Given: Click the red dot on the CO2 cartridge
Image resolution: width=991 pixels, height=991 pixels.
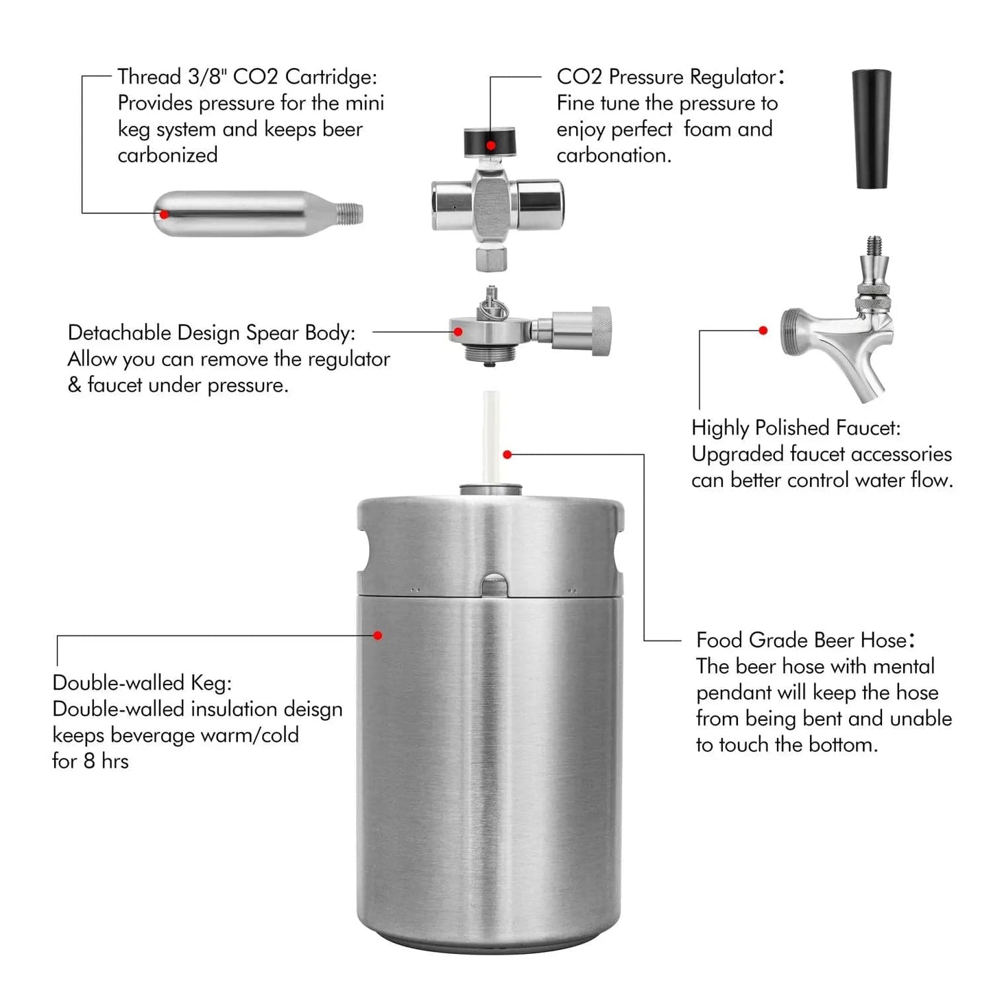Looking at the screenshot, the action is click(x=164, y=214).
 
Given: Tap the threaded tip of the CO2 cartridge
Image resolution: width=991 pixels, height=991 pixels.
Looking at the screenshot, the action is click(x=350, y=214).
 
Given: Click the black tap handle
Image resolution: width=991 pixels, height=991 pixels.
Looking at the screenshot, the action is click(x=871, y=129).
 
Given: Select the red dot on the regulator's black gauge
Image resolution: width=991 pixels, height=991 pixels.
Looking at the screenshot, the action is click(x=491, y=145).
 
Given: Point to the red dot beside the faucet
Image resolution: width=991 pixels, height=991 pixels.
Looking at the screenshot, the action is click(x=763, y=330).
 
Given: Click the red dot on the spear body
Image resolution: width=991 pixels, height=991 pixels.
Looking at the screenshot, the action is click(x=457, y=332).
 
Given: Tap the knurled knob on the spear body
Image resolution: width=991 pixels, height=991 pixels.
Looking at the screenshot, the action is click(x=601, y=331).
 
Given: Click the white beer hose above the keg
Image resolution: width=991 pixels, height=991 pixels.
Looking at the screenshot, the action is click(x=491, y=437).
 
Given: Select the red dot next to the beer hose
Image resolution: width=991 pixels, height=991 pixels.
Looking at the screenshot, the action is click(x=508, y=455).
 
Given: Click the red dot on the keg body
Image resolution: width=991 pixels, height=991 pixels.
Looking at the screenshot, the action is click(x=378, y=636).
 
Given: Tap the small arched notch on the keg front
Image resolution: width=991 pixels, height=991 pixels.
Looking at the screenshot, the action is click(x=494, y=585).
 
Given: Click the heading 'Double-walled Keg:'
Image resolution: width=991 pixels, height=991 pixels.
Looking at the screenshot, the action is click(x=142, y=684).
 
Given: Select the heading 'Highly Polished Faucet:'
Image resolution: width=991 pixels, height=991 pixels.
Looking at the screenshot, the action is click(x=796, y=429).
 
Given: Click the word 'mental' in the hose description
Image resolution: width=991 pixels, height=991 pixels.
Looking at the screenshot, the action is click(x=904, y=667).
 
